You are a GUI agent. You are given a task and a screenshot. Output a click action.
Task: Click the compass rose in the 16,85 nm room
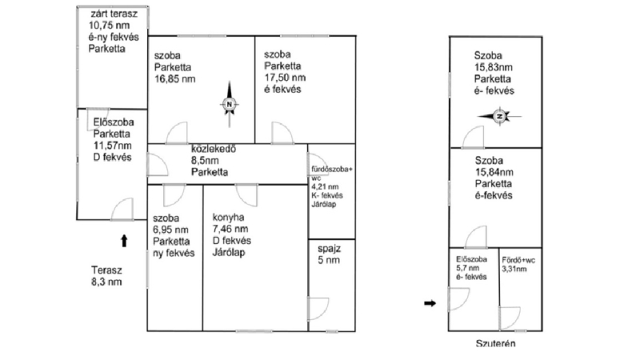[x=229, y=104]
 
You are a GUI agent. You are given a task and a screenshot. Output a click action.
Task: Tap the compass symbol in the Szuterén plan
[x=499, y=116]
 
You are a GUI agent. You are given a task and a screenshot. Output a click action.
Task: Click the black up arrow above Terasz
[x=124, y=241]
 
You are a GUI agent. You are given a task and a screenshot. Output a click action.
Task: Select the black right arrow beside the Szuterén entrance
[x=430, y=303]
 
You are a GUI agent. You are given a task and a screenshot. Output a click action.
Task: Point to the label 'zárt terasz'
[x=114, y=14]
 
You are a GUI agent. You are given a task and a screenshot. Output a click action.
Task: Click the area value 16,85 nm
[x=174, y=78]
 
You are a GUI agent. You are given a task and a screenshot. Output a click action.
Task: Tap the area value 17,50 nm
[x=285, y=78]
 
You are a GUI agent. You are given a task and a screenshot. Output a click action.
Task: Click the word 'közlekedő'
[x=214, y=149]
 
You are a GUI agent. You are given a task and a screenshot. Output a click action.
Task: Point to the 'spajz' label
[x=329, y=249]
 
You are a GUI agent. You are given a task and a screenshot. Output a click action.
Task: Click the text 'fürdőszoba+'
[x=332, y=169]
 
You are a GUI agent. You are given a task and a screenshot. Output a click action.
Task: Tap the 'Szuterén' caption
[x=495, y=343]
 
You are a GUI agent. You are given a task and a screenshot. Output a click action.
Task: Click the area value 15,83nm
[x=493, y=67]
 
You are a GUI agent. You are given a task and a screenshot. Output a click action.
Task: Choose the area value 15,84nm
[x=494, y=172]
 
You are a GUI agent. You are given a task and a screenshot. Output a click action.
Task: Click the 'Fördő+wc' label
[x=518, y=260]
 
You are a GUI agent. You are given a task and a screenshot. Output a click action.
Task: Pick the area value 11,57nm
[x=112, y=146]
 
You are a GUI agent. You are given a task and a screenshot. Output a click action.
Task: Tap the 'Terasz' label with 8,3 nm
[x=106, y=270]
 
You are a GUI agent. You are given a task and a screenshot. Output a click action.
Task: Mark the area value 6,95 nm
[x=170, y=230]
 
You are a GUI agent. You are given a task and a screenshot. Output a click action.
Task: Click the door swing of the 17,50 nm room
[x=282, y=133]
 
